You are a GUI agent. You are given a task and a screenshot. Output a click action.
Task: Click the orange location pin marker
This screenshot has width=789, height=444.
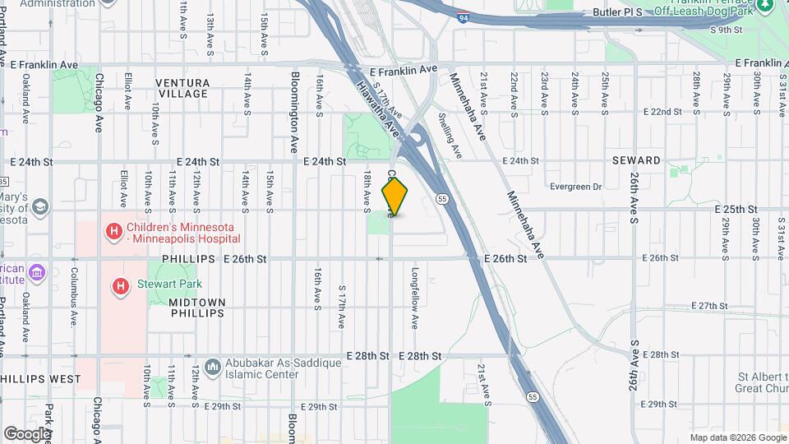pos(395,196)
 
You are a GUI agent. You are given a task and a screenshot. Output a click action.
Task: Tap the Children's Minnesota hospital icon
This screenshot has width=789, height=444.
pos(113,232)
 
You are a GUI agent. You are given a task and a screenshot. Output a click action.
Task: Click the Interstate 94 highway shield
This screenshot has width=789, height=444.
pos(464,16)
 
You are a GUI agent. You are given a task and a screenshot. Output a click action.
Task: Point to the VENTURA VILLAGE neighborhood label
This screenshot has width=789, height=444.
pos(183,88)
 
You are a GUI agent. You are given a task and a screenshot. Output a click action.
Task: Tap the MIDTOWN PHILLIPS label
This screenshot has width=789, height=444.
pos(196,308)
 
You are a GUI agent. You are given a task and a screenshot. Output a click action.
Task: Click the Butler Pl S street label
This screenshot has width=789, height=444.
pos(617,13)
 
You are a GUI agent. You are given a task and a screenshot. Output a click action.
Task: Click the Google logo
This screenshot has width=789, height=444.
pos(26,433)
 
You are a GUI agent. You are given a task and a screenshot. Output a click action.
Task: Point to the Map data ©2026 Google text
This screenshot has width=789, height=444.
pos(738,437)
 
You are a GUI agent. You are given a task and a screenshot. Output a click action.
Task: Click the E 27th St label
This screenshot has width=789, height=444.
pos(696,306)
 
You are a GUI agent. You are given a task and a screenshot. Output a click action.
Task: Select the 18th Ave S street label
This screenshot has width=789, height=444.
pos(367,190)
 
